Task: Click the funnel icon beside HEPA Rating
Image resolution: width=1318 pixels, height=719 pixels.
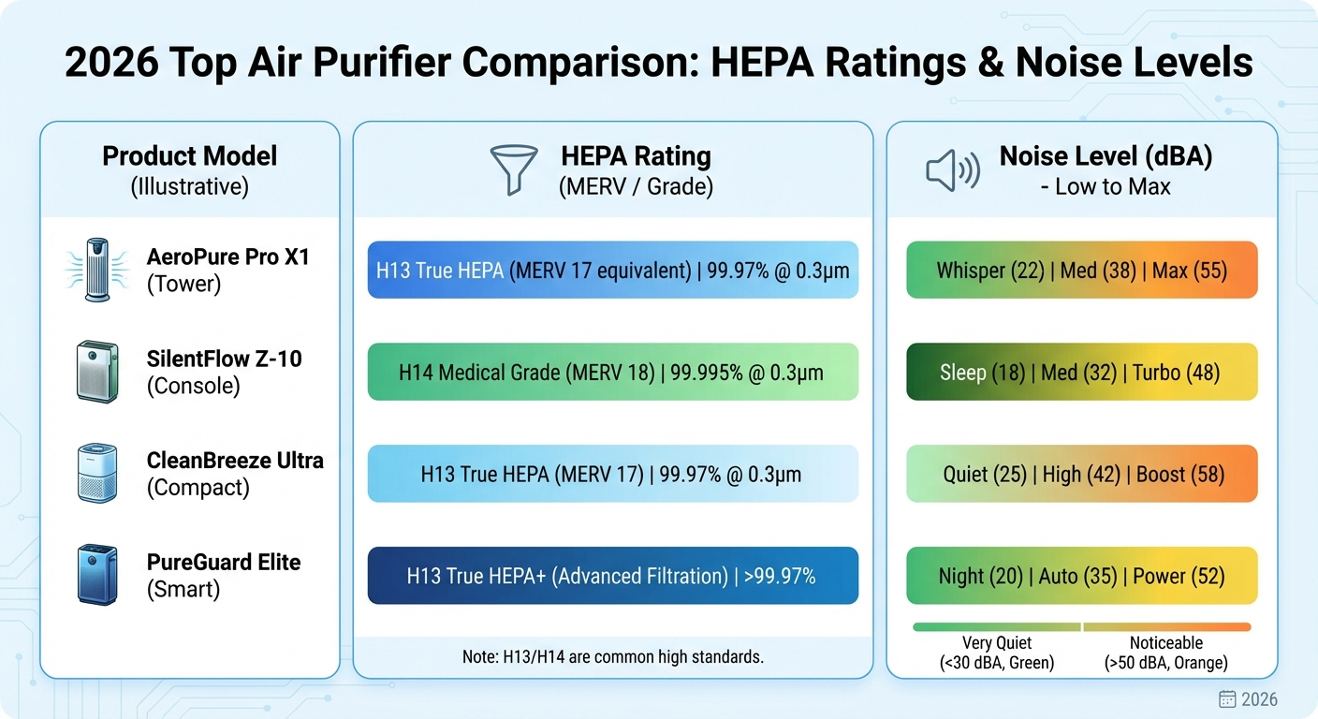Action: pos(514,169)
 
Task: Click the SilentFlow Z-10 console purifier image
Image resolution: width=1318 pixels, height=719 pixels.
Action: pos(97,372)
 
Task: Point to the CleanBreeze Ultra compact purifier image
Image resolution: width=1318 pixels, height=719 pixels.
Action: pos(97,474)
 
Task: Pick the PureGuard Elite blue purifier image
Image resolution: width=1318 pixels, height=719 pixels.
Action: pos(97,575)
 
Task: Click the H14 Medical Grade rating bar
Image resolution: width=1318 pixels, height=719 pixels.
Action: pos(612,373)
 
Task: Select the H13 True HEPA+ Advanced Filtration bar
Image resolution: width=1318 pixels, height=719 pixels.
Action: pos(612,576)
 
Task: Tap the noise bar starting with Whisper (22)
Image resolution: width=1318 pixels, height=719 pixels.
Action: pos(1081,271)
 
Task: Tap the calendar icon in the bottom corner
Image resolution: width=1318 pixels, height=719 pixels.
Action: pos(1227,699)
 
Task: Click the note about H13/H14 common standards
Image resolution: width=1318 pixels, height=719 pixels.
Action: pos(612,657)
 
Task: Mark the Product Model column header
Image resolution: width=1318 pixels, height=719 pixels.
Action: pos(189,155)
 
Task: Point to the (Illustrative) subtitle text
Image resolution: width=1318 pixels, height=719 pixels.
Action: pos(189,186)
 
